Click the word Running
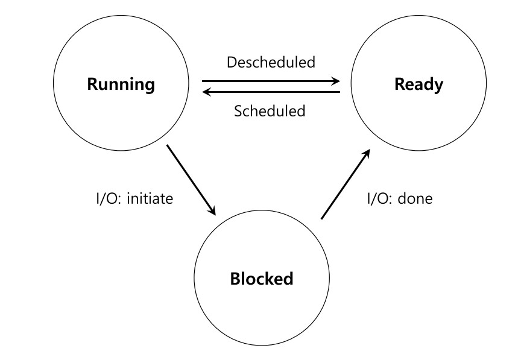coord(121,84)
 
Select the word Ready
coord(418,84)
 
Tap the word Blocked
coord(262,279)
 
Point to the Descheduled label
coord(271,62)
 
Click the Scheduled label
coord(270,111)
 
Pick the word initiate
coord(150,198)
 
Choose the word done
coord(415,198)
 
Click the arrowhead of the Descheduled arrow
coord(336,81)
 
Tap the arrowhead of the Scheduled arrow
coord(207,92)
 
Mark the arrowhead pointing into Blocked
coord(212,210)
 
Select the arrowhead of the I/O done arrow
coord(366,154)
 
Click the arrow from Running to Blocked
coord(191,180)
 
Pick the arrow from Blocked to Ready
coord(346,184)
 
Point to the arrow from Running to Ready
coord(271,81)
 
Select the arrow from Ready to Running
coord(271,92)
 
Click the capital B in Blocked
coord(235,279)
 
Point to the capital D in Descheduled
coord(232,63)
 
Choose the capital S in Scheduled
coord(238,111)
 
